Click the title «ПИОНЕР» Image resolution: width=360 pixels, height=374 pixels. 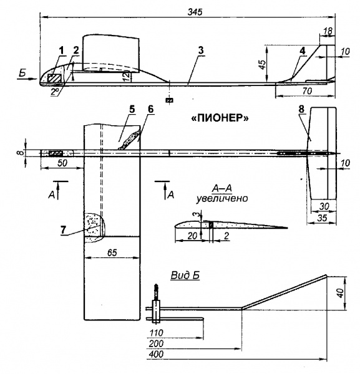[x=220, y=118]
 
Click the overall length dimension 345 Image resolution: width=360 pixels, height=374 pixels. [x=195, y=12]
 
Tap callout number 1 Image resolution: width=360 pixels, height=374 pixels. [x=62, y=50]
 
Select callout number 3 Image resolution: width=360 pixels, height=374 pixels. [x=201, y=50]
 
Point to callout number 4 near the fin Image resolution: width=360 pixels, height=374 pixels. [x=302, y=51]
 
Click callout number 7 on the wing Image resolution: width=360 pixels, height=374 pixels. [x=63, y=229]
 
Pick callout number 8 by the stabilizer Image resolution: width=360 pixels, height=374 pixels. [x=301, y=109]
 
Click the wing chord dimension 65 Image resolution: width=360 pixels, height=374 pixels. [x=112, y=252]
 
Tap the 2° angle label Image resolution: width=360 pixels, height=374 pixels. [x=55, y=92]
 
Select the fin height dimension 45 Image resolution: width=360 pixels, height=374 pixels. [x=262, y=64]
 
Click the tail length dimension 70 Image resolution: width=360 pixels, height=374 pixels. [x=307, y=91]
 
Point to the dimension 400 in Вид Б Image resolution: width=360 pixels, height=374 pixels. [x=156, y=354]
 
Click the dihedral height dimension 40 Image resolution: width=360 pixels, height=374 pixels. [x=341, y=292]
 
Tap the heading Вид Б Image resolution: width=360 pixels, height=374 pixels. [x=185, y=276]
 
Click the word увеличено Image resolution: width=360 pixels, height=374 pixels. [x=222, y=198]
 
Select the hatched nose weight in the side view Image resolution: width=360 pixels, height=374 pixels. [x=54, y=79]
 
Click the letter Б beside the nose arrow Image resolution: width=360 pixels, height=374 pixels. [x=22, y=73]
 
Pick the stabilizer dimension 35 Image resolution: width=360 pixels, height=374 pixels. [x=322, y=218]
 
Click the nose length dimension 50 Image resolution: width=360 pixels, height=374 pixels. [x=62, y=163]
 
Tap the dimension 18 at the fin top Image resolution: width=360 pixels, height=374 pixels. [x=328, y=31]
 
